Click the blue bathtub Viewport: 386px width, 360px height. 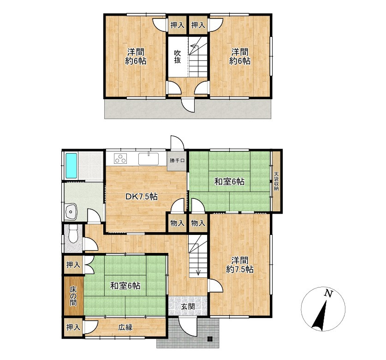[x=71, y=166]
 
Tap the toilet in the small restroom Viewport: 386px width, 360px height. [x=73, y=234]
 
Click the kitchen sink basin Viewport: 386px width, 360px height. [x=148, y=159]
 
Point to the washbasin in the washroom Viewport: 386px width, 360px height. [x=71, y=212]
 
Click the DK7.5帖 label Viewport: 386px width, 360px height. [x=141, y=197]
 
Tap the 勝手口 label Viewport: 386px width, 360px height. [x=177, y=161]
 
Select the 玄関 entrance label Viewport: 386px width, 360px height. [x=188, y=306]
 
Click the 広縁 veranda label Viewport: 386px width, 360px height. [x=125, y=327]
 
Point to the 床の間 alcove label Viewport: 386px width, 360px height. [x=73, y=296]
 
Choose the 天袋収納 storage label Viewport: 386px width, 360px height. [x=277, y=181]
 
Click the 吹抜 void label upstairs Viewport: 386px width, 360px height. [x=177, y=57]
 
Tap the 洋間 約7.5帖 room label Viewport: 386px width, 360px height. [x=239, y=264]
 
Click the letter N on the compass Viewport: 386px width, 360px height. [x=328, y=293]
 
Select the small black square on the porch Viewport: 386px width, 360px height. [x=209, y=339]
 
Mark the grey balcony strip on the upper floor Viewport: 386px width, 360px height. [x=188, y=109]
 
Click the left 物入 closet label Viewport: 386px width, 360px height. [x=177, y=223]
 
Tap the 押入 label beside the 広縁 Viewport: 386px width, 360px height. [x=73, y=327]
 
